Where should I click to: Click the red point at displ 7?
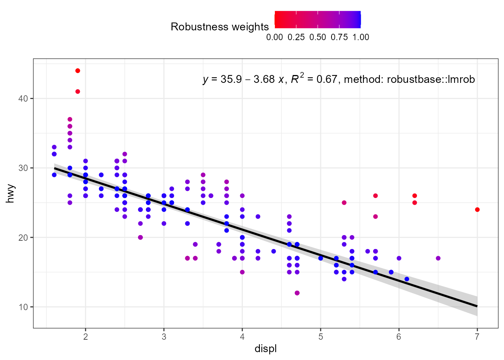tap(477, 210)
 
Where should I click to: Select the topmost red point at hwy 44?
tap(78, 70)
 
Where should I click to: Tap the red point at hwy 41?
tap(78, 91)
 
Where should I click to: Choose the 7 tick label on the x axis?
tap(477, 337)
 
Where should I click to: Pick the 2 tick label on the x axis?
tap(85, 337)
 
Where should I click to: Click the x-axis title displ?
tap(265, 349)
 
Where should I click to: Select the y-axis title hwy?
tap(10, 193)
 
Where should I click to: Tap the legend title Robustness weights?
tap(219, 27)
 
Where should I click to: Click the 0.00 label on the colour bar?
tap(274, 37)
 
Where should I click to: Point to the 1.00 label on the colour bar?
tap(361, 37)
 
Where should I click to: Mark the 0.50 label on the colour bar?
tap(318, 37)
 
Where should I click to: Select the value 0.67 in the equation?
tap(327, 79)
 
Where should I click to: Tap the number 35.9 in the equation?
tap(231, 79)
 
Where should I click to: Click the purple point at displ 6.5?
tap(438, 258)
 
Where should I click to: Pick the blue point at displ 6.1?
tap(406, 279)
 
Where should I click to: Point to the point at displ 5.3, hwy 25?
tap(344, 202)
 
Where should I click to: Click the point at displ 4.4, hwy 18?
tap(273, 251)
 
